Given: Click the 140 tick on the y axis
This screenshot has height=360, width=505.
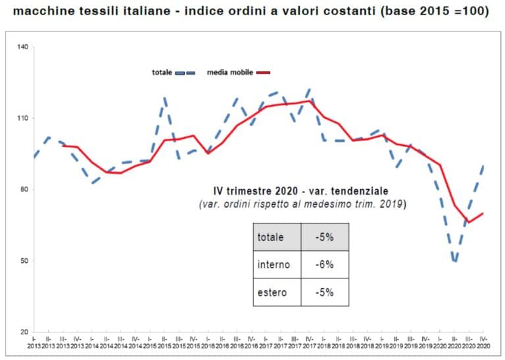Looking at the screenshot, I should [24, 47].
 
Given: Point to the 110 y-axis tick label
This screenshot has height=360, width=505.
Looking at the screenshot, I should [24, 118].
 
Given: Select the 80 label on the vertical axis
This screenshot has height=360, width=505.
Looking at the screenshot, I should [25, 190].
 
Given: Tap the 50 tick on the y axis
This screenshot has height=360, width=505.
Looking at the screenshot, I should [25, 261].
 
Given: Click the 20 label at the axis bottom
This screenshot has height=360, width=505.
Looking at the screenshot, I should [25, 332].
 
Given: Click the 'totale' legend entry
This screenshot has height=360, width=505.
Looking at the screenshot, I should [162, 72].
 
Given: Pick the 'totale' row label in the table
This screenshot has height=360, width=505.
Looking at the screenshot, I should [271, 237].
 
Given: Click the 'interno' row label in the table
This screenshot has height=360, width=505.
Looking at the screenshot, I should [273, 265].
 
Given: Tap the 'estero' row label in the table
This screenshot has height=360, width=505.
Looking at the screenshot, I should [272, 292].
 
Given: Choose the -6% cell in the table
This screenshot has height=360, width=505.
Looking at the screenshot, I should [324, 265].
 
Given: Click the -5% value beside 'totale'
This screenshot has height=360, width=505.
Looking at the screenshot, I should [324, 237].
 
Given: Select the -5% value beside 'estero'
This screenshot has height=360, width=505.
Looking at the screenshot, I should [324, 292].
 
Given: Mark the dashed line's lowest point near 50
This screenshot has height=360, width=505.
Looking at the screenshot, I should [454, 262].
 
